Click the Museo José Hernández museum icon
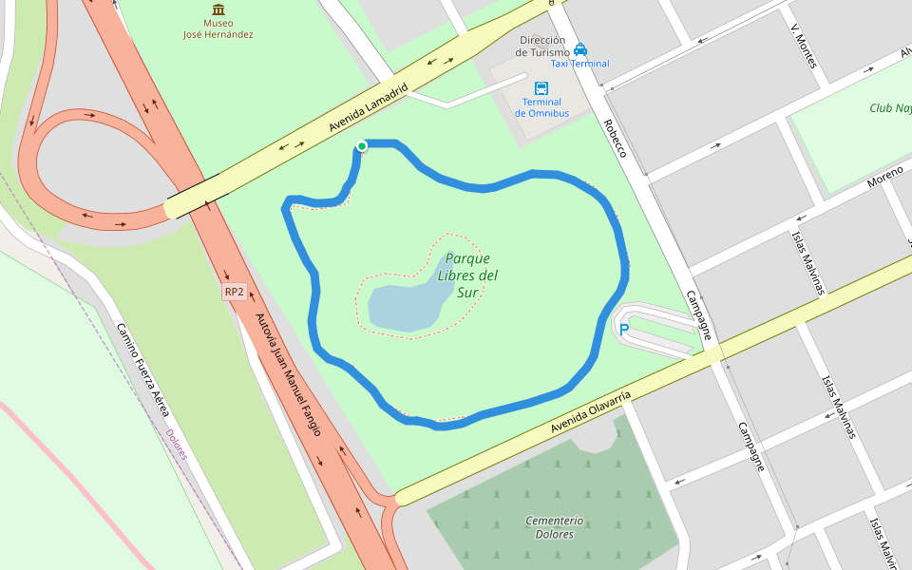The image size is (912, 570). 218,9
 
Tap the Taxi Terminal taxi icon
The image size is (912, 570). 580,49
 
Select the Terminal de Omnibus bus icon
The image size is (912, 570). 541,87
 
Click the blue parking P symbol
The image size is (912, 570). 624,330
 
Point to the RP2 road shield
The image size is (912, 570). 235,292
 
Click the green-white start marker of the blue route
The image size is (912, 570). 362,145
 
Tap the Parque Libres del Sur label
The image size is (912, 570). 467,275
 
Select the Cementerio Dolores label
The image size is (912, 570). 554,527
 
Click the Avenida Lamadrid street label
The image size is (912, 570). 368,107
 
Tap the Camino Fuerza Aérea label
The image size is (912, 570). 142,370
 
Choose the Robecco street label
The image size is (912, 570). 616,138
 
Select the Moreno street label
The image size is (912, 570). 883,176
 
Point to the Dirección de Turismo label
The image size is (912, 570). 541,47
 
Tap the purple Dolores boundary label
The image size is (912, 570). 177,445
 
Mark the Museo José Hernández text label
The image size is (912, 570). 218,28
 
